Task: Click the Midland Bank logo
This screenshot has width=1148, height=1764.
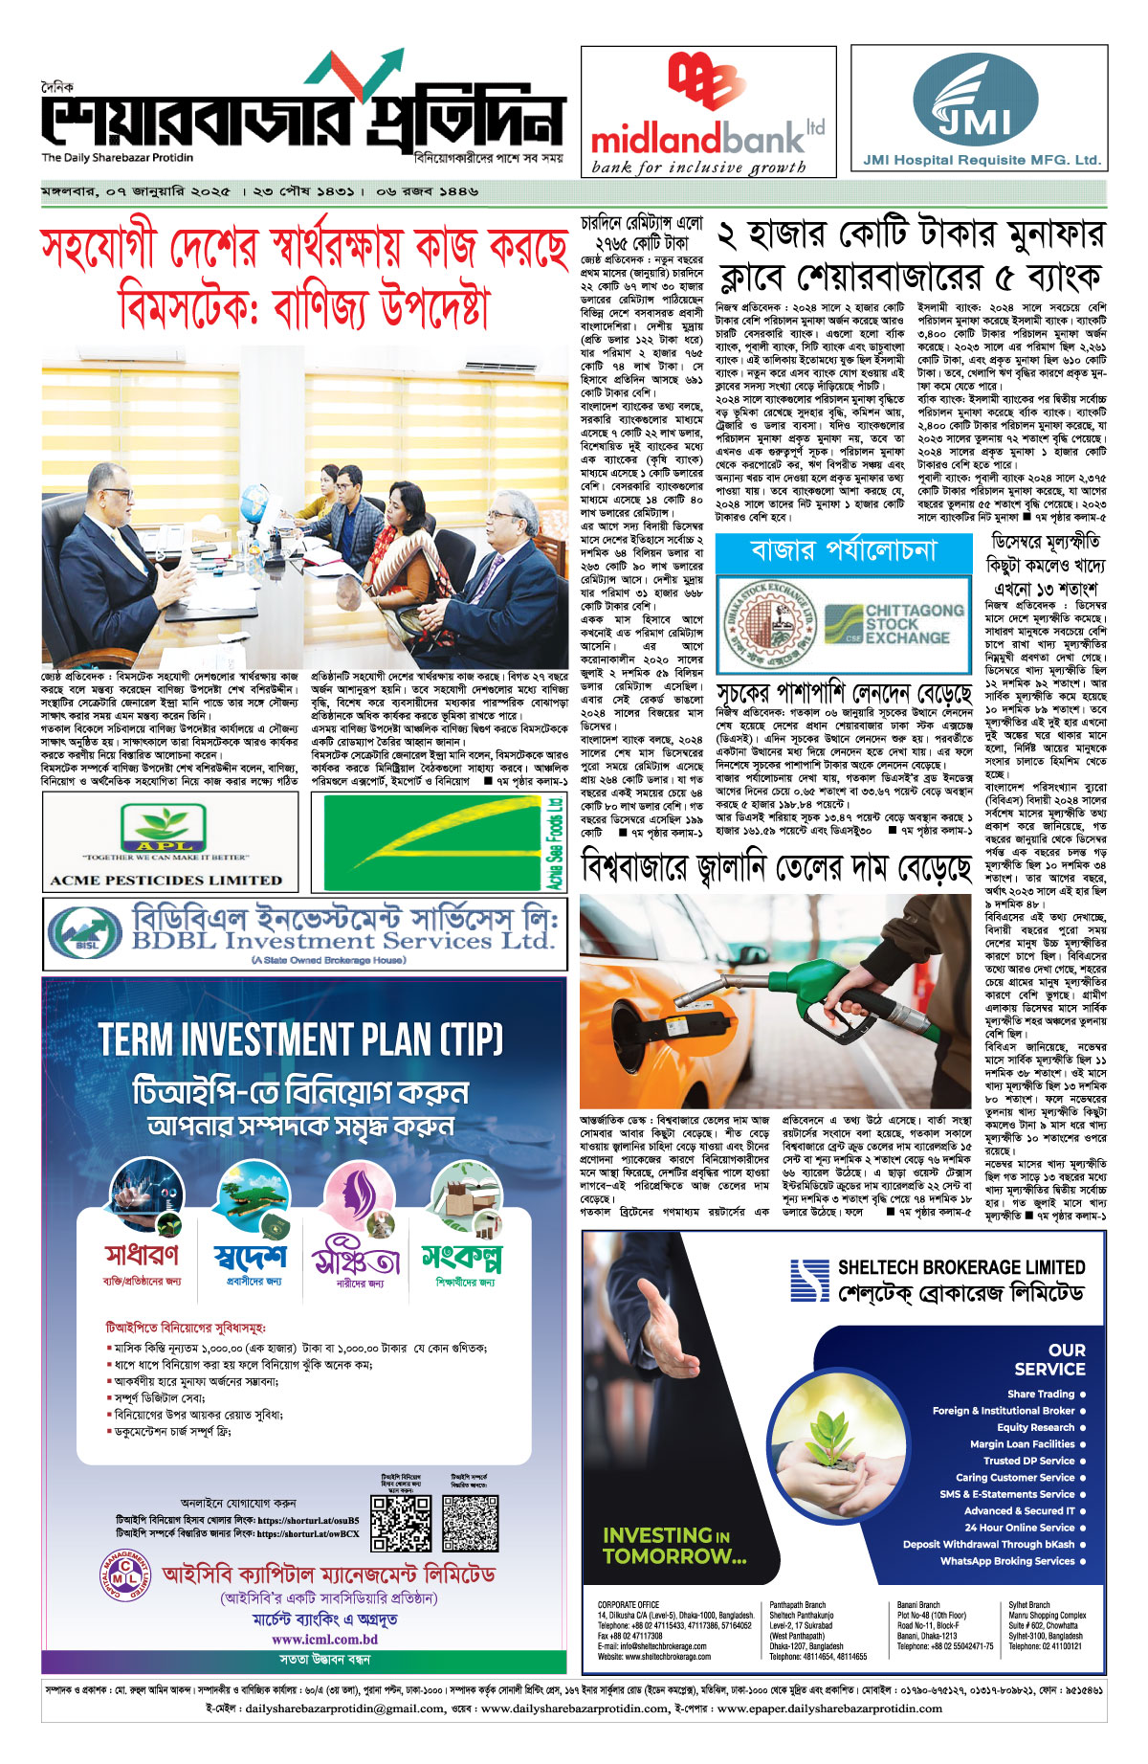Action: coord(707,112)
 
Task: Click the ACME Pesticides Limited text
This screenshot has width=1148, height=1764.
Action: coord(166,880)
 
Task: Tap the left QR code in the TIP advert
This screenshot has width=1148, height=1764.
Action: coord(401,1523)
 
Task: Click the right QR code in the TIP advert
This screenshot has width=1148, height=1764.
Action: coord(470,1523)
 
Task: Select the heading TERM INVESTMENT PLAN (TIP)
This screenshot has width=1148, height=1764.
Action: coord(301,1039)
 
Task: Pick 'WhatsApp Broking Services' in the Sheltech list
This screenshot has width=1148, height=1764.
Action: coord(1006,1561)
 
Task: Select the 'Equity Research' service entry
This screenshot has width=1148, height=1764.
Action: coord(1035,1427)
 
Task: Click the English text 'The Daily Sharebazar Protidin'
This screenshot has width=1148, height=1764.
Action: coord(117,158)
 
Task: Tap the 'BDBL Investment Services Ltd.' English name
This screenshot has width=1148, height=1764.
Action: coord(342,941)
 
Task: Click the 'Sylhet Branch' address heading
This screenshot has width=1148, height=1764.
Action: coord(1029,1605)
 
